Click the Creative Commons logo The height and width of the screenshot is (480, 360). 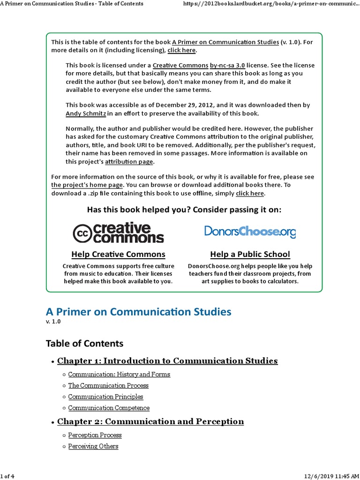pyautogui.click(x=118, y=232)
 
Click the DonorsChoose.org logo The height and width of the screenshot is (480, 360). pyautogui.click(x=250, y=231)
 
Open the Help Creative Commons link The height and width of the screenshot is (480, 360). pyautogui.click(x=118, y=255)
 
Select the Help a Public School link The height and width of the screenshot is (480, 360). pyautogui.click(x=250, y=255)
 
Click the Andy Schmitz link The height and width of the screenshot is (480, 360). pyautogui.click(x=86, y=113)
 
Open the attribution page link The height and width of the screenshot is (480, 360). pyautogui.click(x=129, y=162)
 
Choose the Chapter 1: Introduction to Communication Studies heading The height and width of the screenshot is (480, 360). pyautogui.click(x=167, y=361)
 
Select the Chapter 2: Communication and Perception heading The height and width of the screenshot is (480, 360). pyautogui.click(x=150, y=421)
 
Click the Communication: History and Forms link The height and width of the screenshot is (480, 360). pyautogui.click(x=119, y=375)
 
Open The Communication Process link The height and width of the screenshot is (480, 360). pyautogui.click(x=108, y=386)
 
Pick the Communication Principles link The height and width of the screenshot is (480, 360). pyautogui.click(x=105, y=397)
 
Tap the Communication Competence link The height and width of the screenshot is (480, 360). pyautogui.click(x=109, y=408)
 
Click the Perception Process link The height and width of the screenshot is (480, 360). pyautogui.click(x=95, y=435)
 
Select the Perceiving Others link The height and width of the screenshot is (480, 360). pyautogui.click(x=93, y=446)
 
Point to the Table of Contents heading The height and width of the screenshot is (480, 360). pyautogui.click(x=84, y=344)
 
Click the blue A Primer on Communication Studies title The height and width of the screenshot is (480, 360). pyautogui.click(x=138, y=312)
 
